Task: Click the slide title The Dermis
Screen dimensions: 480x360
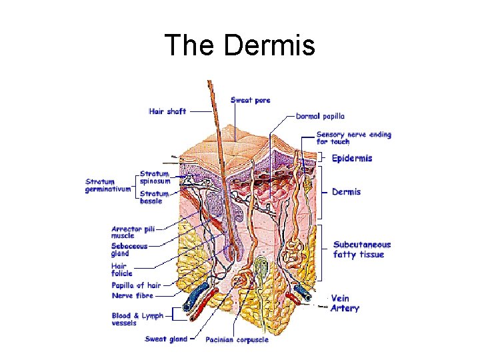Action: (x=239, y=45)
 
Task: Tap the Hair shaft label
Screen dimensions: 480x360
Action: (x=167, y=111)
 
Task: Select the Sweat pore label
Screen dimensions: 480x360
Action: (x=251, y=100)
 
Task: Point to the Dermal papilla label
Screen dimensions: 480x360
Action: (x=321, y=116)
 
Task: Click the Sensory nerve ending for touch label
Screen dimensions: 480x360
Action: (x=353, y=138)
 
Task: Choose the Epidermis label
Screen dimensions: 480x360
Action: (x=352, y=159)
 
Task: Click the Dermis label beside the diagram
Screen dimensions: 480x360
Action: (x=347, y=192)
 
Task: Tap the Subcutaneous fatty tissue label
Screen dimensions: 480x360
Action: (x=362, y=249)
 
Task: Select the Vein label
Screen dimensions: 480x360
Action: (x=341, y=299)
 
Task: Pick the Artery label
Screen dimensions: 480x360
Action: (x=345, y=309)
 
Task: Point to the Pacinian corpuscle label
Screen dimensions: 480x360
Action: (x=237, y=340)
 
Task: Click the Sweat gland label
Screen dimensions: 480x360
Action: (x=166, y=339)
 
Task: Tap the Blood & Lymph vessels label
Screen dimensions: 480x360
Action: (x=137, y=319)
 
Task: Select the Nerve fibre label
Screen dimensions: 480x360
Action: (x=132, y=295)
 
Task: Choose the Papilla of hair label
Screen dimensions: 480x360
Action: (x=136, y=285)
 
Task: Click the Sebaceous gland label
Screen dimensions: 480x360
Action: (x=129, y=249)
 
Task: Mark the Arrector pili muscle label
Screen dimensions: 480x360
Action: (x=133, y=232)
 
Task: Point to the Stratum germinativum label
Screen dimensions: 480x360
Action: (x=107, y=185)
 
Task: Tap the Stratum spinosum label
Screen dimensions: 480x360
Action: (x=155, y=177)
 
